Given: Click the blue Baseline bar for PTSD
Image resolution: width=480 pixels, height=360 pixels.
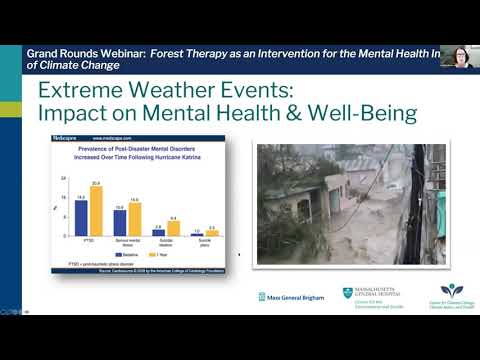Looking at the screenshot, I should (82, 217).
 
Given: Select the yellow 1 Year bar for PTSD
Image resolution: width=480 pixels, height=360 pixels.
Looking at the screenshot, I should (96, 211).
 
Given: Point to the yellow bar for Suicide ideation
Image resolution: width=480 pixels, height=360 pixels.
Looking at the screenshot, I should (173, 229).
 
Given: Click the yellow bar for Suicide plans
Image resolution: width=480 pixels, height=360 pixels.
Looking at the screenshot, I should (212, 233).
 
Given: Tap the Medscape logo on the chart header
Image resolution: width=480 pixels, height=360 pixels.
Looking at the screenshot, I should (68, 137).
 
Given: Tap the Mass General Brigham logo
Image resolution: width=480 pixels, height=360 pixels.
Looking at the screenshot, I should (289, 297).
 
